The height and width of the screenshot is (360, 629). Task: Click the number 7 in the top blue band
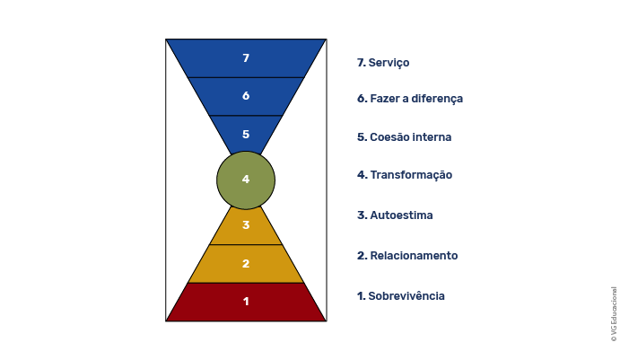click(246, 58)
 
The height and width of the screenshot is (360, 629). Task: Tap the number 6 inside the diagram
click(246, 96)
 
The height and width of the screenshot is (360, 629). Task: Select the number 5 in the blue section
click(246, 134)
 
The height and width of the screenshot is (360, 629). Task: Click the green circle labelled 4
click(246, 180)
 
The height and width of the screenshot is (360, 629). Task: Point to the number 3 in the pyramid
click(246, 224)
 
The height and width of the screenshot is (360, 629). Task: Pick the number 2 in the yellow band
click(246, 264)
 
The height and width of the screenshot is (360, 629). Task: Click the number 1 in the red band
click(246, 302)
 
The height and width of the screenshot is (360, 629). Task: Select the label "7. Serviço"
click(383, 63)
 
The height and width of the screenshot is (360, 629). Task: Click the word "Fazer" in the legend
click(383, 99)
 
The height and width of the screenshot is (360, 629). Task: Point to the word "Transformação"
click(411, 175)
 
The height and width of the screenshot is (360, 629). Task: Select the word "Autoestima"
click(401, 215)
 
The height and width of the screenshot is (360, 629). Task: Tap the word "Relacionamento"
click(414, 256)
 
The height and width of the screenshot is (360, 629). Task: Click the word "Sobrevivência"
click(406, 296)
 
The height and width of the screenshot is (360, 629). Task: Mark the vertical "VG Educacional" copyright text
click(614, 314)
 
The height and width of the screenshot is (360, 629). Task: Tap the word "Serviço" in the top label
click(389, 63)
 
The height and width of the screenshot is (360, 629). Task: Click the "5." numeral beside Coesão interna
click(362, 137)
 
